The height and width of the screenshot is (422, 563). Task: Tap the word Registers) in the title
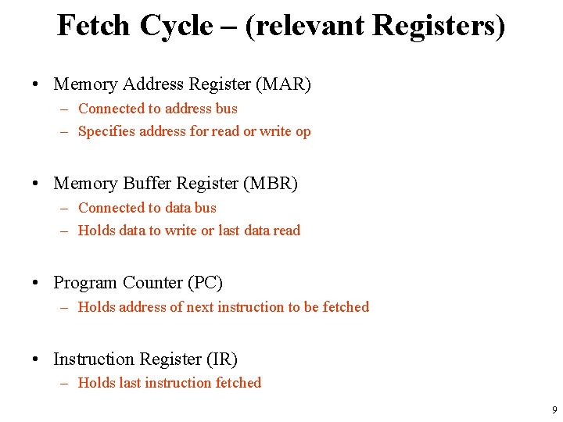(439, 26)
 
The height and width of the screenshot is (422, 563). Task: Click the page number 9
(554, 410)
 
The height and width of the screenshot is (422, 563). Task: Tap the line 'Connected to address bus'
(157, 109)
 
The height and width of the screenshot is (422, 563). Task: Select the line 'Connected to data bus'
(147, 208)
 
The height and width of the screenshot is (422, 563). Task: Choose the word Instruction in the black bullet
(93, 359)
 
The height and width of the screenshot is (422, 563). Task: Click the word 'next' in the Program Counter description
(199, 307)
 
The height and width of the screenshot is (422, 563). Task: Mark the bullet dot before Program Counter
(37, 283)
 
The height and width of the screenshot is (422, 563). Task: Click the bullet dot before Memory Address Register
(37, 84)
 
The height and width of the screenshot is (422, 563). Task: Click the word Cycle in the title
(176, 26)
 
